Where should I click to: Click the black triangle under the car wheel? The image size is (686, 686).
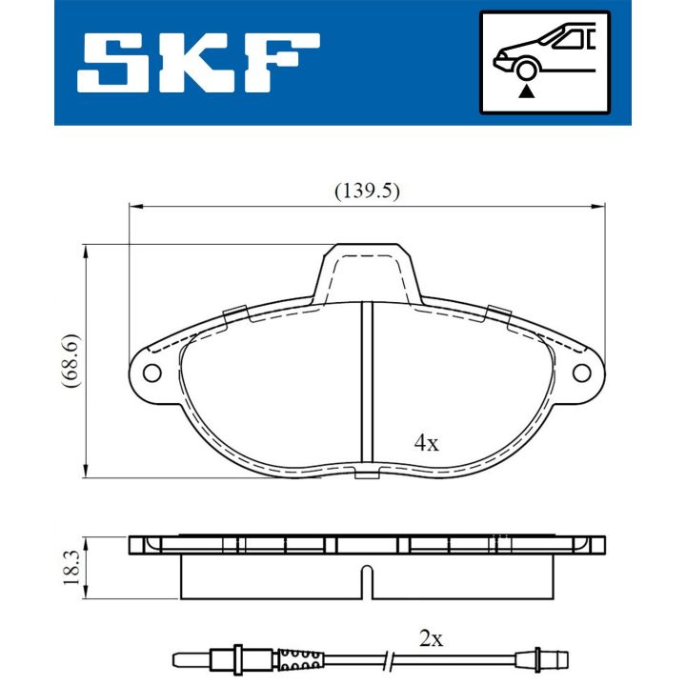point(525,91)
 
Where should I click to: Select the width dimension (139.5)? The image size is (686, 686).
point(366,191)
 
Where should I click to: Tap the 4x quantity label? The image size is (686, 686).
point(426,443)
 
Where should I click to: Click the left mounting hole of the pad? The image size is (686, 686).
point(151,373)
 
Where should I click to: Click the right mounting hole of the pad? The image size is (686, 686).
point(581,373)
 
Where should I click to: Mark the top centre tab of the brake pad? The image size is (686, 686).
point(367,267)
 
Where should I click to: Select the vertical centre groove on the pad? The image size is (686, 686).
point(366,381)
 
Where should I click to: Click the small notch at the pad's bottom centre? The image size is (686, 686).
point(366,474)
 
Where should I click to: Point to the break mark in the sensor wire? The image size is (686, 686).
point(390,656)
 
